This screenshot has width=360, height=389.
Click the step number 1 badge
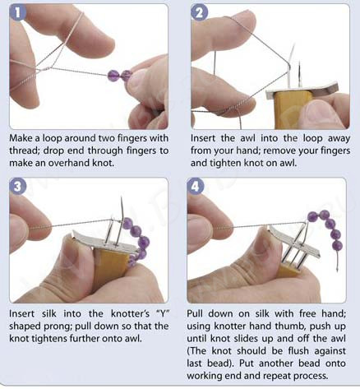(18, 12)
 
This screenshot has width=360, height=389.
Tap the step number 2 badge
(200, 12)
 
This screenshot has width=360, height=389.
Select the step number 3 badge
(18, 187)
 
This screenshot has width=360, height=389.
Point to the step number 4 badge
(196, 187)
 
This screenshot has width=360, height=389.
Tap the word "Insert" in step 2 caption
(203, 138)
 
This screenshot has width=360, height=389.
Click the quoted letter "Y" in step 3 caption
(163, 313)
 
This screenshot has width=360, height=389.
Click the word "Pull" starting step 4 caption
(195, 313)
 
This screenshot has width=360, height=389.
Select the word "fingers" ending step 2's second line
(335, 151)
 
